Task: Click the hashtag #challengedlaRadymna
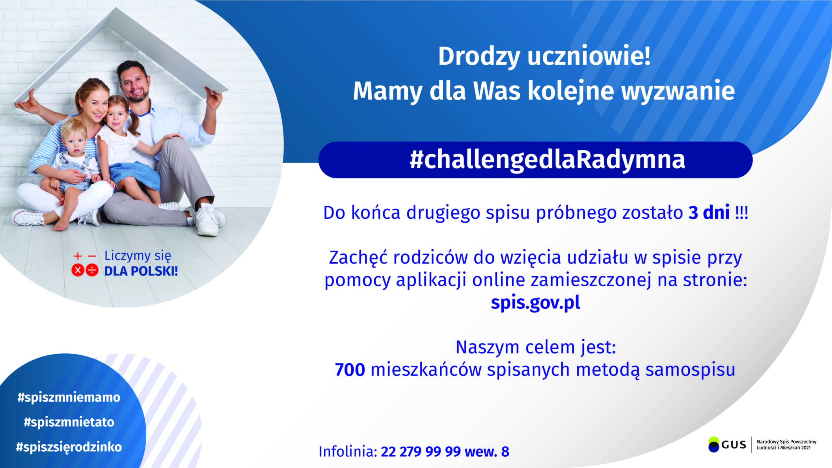(x=547, y=160)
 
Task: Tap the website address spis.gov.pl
(x=535, y=303)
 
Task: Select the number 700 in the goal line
(x=350, y=370)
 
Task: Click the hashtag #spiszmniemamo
(x=69, y=397)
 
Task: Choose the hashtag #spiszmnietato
(x=69, y=422)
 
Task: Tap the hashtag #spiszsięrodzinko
(x=69, y=447)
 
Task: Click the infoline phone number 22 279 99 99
(x=421, y=452)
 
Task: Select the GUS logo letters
(x=734, y=445)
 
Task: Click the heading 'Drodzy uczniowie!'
(x=545, y=57)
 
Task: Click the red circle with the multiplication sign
(x=78, y=270)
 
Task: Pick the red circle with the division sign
(x=92, y=270)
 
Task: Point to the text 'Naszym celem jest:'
(x=536, y=347)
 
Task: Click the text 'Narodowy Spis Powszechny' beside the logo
(x=786, y=442)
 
